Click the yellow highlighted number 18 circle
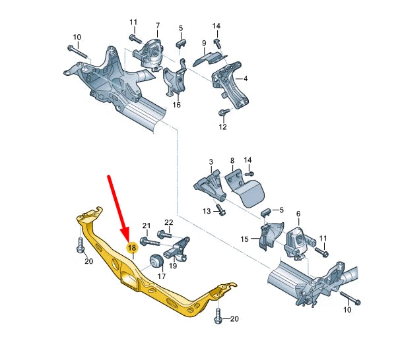131,248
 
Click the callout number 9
204,43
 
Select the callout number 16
176,104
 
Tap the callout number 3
211,162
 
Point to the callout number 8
232,160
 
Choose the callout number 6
298,214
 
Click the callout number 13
206,210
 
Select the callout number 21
147,226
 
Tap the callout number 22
168,222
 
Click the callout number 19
174,266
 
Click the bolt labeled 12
226,113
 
